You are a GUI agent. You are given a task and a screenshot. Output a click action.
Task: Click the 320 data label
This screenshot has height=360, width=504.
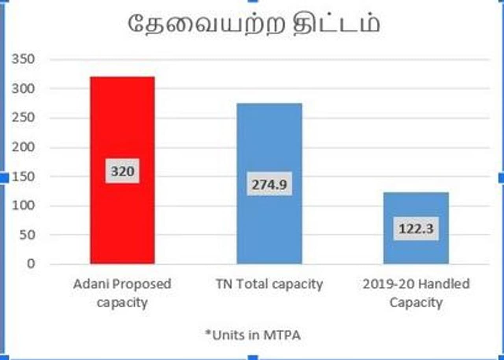tap(122, 171)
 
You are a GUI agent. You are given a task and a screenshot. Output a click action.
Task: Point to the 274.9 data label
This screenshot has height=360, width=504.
tap(269, 184)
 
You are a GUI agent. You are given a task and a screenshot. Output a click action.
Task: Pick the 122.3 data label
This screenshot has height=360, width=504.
tap(416, 228)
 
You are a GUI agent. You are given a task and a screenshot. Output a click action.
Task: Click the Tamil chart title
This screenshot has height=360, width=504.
tap(254, 24)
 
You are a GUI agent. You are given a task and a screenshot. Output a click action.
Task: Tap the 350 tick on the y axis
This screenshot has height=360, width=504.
tap(23, 59)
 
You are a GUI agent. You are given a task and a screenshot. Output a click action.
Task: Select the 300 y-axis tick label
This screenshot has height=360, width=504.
tap(23, 89)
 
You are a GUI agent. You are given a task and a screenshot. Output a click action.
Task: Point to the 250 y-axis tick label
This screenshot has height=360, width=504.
tap(23, 118)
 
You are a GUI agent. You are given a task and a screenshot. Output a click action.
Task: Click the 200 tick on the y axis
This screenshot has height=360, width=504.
tap(23, 147)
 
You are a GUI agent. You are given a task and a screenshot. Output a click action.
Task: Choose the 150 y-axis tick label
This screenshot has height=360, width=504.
tap(23, 176)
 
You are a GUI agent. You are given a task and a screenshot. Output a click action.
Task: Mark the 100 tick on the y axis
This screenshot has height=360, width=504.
tap(23, 206)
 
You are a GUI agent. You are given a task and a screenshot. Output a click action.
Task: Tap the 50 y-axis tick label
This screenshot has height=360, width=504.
tap(27, 235)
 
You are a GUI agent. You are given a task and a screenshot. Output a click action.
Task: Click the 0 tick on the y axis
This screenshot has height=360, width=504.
tap(31, 264)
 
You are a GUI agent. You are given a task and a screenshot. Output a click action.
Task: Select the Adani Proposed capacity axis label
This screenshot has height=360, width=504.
tap(122, 293)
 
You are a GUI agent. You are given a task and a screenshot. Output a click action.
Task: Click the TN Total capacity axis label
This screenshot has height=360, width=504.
tap(269, 284)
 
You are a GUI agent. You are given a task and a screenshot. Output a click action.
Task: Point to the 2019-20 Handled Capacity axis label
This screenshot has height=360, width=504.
tap(416, 293)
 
